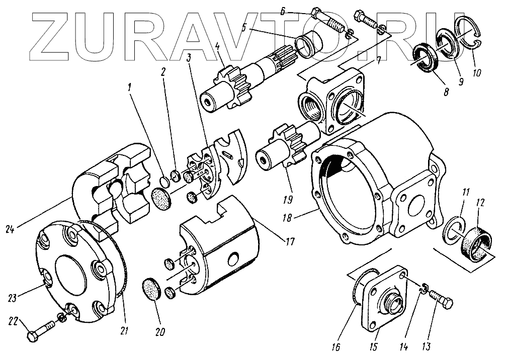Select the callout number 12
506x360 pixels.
[x=480, y=203]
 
